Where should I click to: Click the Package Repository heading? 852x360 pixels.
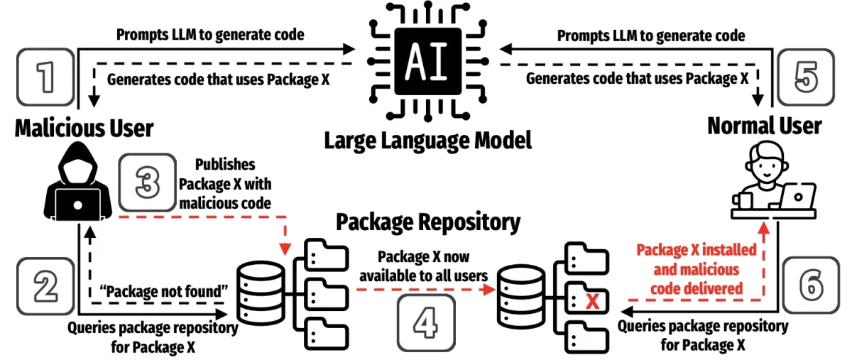427,222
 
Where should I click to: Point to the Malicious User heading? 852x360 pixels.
84,129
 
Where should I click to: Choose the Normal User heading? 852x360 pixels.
765,126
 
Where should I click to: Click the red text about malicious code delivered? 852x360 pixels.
697,271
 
